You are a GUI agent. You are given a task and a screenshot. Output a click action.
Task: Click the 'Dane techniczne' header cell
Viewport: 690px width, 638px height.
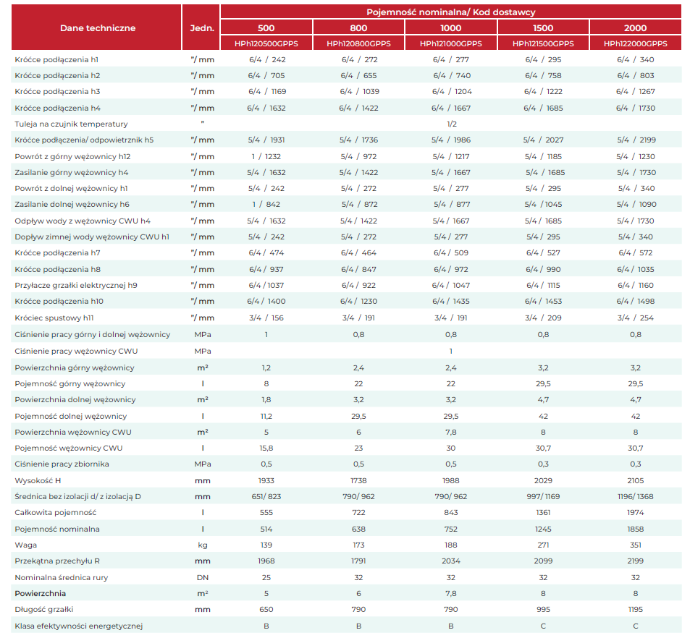coord(98,28)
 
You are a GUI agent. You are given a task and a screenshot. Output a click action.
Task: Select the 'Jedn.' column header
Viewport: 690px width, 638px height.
coord(202,28)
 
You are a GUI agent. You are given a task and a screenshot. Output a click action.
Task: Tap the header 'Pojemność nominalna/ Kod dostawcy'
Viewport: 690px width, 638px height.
coord(450,12)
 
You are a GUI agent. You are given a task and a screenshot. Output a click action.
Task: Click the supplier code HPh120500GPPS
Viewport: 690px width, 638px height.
coord(266,43)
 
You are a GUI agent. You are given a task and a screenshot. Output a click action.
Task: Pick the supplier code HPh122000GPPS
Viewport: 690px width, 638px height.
coord(636,43)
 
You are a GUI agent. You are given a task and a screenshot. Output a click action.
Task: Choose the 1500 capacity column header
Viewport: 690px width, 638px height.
coord(543,28)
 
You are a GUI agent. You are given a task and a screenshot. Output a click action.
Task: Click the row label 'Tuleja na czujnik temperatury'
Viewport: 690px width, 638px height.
coord(71,124)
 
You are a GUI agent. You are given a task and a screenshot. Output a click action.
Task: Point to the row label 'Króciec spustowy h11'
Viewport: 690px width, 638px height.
coord(54,318)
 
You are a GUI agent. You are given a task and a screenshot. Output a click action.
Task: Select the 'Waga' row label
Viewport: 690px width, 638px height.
coord(26,545)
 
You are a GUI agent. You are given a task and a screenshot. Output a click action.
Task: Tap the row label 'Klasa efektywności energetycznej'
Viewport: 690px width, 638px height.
coord(79,626)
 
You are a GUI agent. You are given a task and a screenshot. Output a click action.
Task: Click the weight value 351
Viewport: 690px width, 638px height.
coord(636,545)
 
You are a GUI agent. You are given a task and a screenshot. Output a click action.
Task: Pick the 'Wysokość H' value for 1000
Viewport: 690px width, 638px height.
coord(450,480)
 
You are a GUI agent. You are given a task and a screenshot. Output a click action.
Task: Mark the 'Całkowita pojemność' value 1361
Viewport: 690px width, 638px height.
coord(543,512)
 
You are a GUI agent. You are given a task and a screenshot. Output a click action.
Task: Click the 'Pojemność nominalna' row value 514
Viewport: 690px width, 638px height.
coord(266,529)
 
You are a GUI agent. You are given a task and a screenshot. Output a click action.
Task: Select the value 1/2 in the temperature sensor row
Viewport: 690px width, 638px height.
coord(452,124)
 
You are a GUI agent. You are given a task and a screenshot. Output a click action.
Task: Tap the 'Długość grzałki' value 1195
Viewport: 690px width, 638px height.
coord(636,609)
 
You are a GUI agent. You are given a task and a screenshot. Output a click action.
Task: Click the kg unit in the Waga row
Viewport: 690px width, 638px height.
coord(203,545)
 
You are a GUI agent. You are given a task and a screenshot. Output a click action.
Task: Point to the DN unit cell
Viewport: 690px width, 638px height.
coord(203,577)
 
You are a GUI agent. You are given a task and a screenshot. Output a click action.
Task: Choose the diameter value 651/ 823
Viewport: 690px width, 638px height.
coord(266,496)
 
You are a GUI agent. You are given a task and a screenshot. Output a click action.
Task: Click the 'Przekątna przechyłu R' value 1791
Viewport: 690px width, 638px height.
coord(358,561)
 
